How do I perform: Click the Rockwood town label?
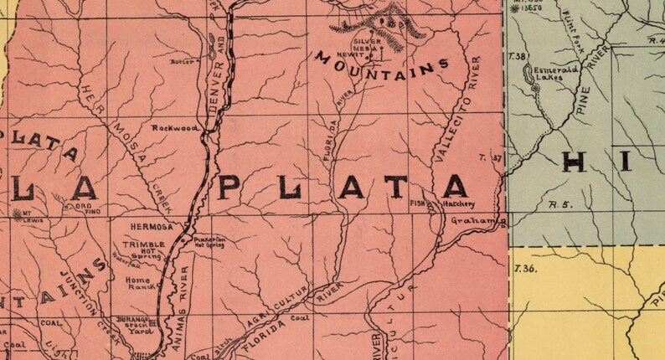point(174,128)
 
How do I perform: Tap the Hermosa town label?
point(152,226)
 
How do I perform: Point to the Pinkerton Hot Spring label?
point(210,242)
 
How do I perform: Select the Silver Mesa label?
point(366,44)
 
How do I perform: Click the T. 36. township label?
point(525,268)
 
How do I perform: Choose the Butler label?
point(181,61)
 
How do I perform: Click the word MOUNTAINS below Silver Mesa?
point(383,67)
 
